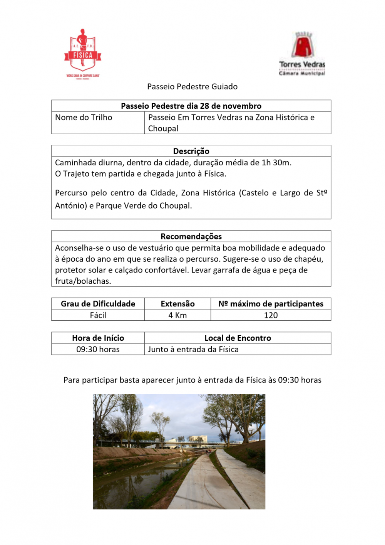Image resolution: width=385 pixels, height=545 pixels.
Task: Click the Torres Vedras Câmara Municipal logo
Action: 302,54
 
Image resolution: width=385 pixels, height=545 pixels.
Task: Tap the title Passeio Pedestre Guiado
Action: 192,87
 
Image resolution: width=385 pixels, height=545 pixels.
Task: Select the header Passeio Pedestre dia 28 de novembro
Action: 191,106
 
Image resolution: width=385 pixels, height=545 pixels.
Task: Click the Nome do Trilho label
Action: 84,118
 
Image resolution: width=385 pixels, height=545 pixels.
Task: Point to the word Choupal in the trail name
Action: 163,129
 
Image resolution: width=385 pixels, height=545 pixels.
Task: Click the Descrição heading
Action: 191,151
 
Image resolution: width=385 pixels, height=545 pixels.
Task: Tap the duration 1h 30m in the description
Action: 276,163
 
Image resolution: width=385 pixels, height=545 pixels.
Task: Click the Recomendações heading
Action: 191,236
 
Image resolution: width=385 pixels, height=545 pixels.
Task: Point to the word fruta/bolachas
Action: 83,281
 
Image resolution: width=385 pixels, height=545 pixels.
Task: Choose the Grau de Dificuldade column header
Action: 98,304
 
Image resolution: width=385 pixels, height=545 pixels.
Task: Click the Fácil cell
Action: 98,315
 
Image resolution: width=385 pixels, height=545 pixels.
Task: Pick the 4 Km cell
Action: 177,315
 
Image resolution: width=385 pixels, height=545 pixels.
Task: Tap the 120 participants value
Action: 271,315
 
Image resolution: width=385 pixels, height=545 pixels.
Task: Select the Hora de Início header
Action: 98,338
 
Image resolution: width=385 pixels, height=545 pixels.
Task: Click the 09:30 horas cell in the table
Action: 98,350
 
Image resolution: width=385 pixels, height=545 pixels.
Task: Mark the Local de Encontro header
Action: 238,338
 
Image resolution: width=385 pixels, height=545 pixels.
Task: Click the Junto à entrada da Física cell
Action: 193,350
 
